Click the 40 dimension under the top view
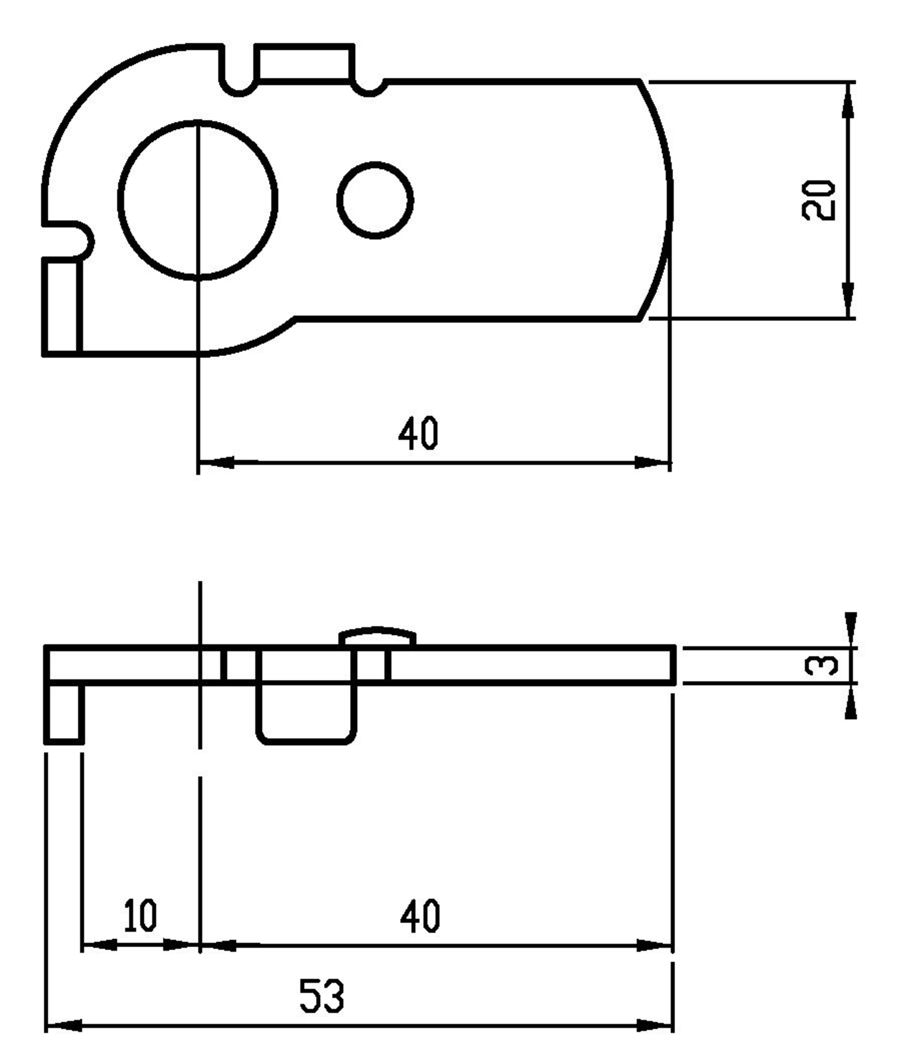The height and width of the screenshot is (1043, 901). point(418,433)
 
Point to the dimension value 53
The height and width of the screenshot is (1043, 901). point(322,996)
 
